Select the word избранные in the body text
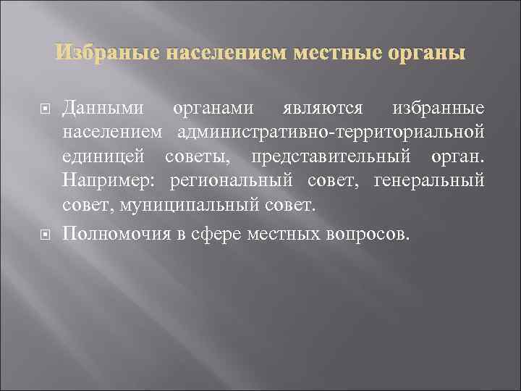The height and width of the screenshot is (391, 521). (x=438, y=109)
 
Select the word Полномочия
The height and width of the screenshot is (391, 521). (x=115, y=232)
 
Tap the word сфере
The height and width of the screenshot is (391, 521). (x=216, y=232)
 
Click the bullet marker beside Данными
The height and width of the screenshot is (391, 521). (x=44, y=109)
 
